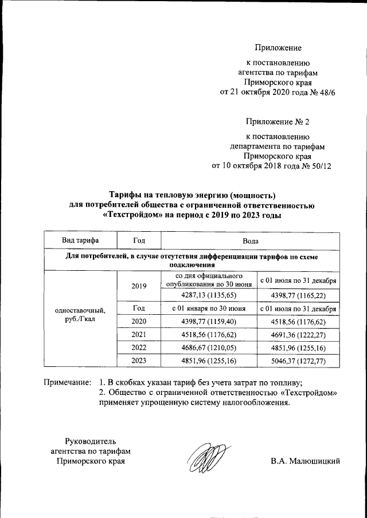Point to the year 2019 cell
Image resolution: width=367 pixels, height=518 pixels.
tap(138, 286)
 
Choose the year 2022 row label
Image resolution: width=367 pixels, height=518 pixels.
tap(138, 347)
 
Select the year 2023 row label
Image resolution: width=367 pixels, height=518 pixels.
tap(138, 361)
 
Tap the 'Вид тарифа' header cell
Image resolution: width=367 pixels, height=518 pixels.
tap(80, 239)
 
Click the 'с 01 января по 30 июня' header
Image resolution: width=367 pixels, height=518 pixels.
tap(209, 309)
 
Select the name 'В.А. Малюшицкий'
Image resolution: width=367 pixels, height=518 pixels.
tap(306, 461)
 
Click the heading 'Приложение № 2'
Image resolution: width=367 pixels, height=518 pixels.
tap(278, 122)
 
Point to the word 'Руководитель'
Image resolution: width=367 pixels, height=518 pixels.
tap(91, 441)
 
